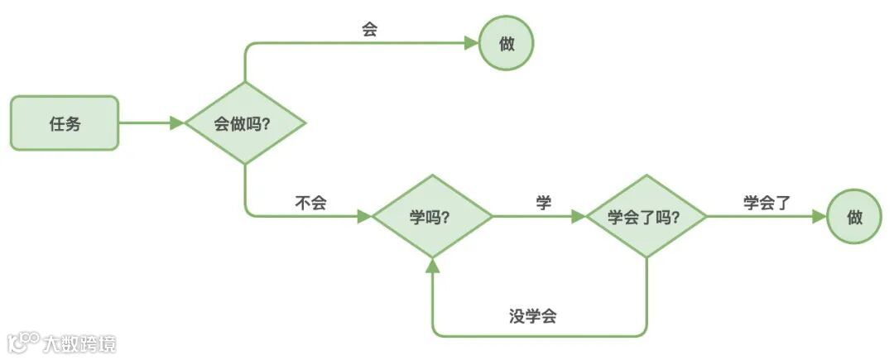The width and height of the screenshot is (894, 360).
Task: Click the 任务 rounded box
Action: click(x=65, y=123)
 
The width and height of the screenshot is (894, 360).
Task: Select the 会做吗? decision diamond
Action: click(x=245, y=123)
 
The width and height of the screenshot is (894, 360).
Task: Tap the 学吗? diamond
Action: click(x=431, y=217)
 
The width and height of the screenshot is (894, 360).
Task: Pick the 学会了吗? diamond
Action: click(x=646, y=217)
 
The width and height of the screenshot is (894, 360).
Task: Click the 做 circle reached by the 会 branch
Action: click(x=507, y=44)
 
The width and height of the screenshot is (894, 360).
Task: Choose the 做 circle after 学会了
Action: click(x=854, y=217)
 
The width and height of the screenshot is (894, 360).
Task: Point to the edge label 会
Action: click(x=370, y=28)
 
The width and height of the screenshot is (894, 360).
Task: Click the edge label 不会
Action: click(x=310, y=203)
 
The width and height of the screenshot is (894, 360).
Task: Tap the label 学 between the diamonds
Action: click(x=543, y=203)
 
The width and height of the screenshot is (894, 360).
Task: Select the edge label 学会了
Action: click(x=767, y=203)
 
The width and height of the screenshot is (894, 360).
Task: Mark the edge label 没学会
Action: click(x=532, y=316)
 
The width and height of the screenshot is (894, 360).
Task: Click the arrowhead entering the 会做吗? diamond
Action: click(x=176, y=123)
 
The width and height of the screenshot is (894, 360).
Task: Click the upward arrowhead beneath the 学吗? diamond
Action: click(x=431, y=264)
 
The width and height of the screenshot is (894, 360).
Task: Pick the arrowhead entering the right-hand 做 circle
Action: click(x=819, y=217)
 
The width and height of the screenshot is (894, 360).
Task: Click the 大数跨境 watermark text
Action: click(x=79, y=343)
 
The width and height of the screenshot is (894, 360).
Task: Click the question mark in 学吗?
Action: click(x=445, y=217)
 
